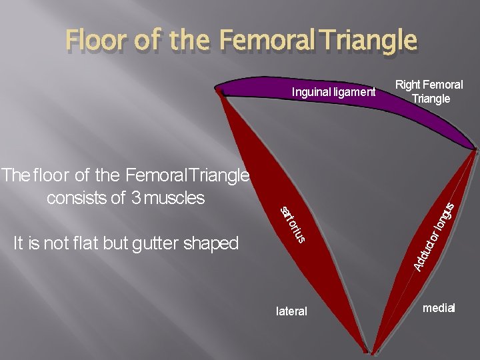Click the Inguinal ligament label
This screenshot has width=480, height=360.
pyautogui.click(x=333, y=92)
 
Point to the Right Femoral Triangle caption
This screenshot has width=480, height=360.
pyautogui.click(x=429, y=91)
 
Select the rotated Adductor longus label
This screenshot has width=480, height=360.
pyautogui.click(x=433, y=237)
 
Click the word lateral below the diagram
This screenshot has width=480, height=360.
pyautogui.click(x=291, y=311)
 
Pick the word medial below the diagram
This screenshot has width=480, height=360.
pyautogui.click(x=438, y=308)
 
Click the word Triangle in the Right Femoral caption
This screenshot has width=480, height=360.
pyautogui.click(x=431, y=99)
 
